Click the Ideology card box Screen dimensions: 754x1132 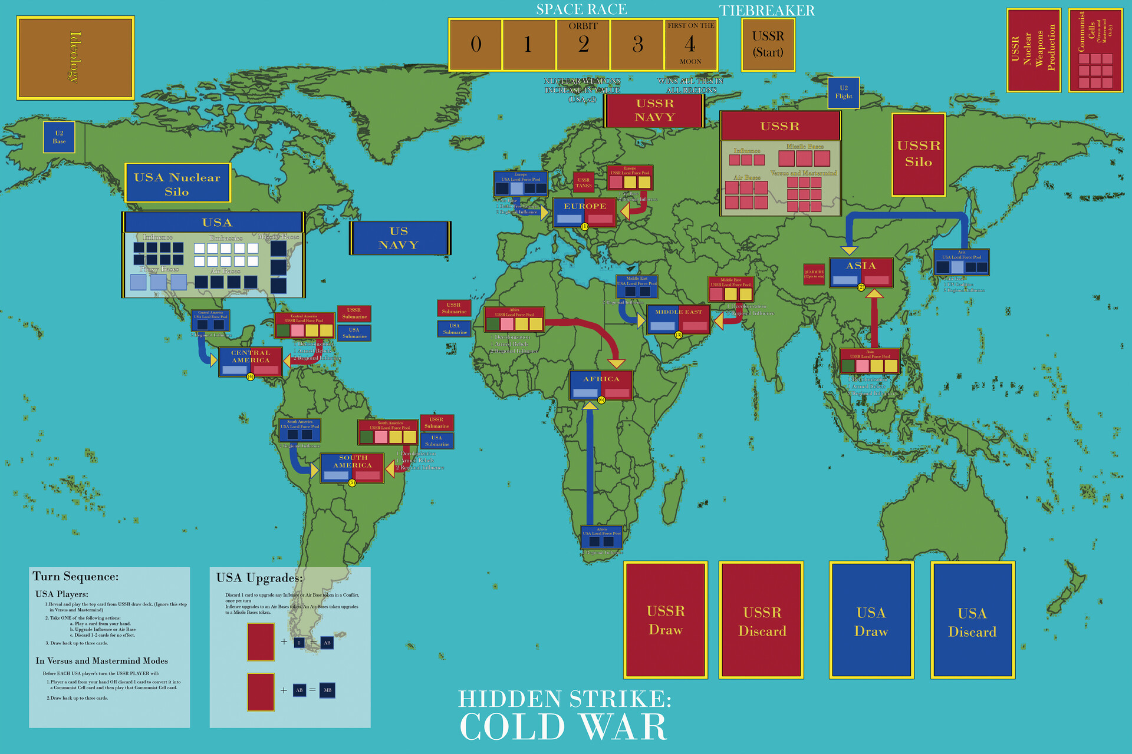click(75, 58)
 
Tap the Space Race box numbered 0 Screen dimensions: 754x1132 click(476, 45)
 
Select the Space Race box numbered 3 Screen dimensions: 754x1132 click(637, 45)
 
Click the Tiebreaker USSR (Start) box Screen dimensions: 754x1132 click(768, 45)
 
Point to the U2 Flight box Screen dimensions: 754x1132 click(843, 92)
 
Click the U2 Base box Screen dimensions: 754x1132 click(59, 137)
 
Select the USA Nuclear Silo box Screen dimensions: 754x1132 click(177, 183)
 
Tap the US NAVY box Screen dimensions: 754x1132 click(399, 238)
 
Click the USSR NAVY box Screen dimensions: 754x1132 click(654, 110)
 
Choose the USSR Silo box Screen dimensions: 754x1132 click(918, 154)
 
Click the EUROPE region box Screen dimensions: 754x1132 click(584, 213)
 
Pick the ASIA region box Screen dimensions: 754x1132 click(861, 272)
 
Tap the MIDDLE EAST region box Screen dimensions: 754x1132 click(679, 319)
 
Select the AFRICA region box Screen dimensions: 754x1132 click(601, 385)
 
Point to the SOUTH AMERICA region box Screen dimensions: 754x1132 click(352, 468)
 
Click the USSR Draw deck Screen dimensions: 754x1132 click(666, 620)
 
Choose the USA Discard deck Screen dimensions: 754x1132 click(972, 621)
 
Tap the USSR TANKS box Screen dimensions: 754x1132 click(584, 183)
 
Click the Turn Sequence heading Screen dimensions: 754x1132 click(75, 577)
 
